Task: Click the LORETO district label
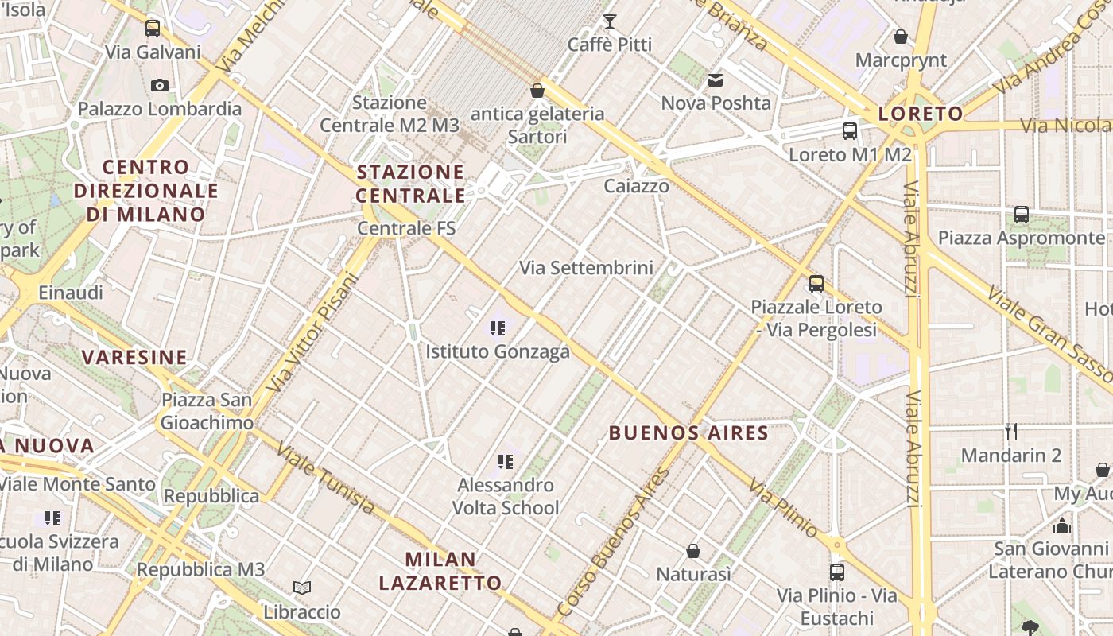(921, 114)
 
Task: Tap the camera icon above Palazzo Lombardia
(159, 85)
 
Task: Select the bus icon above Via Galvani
(153, 29)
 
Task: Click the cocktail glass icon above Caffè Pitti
(610, 21)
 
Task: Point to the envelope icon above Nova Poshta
(715, 79)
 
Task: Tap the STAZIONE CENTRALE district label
(410, 184)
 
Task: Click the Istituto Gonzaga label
(498, 351)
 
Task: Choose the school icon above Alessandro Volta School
(505, 461)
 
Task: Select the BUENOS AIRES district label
(688, 433)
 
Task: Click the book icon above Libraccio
(302, 588)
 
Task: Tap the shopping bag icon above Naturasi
(693, 551)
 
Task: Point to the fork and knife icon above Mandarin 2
(1011, 432)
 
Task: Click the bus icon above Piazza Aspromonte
(1022, 215)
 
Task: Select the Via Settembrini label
(586, 268)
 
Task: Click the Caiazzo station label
(636, 186)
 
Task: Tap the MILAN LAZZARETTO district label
(440, 571)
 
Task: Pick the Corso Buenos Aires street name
(614, 542)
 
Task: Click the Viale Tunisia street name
(325, 479)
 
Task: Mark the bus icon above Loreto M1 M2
(850, 131)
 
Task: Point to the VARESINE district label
(135, 357)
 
